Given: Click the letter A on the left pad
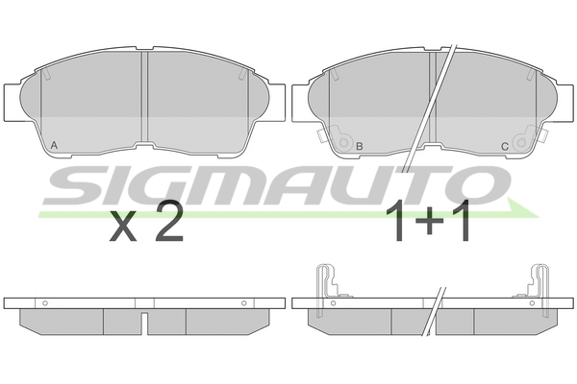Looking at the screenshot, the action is (53, 145).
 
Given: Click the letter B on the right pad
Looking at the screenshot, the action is (359, 147).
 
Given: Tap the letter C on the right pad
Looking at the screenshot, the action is (504, 147).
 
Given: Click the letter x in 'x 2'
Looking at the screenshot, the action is (124, 228).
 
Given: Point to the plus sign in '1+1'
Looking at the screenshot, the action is (430, 225).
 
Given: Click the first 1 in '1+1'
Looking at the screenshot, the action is (396, 223).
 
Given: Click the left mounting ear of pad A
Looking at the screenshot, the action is (14, 103).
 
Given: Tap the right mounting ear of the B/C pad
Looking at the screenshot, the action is (561, 103).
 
